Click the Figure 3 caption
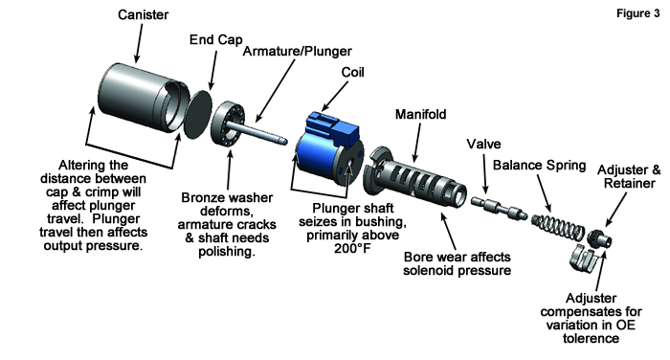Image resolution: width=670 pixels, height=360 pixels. [638, 13]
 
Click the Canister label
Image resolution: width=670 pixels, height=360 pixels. [144, 14]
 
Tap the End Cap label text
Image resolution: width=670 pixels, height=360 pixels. [215, 40]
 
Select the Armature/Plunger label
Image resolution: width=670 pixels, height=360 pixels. [298, 52]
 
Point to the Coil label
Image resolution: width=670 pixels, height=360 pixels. [352, 72]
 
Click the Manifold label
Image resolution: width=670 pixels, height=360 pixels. [420, 114]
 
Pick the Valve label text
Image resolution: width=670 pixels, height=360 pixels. [483, 144]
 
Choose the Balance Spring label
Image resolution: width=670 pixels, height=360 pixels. [539, 165]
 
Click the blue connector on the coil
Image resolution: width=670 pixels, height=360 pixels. [334, 127]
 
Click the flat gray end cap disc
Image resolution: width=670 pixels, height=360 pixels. [197, 114]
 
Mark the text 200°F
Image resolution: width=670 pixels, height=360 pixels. [352, 248]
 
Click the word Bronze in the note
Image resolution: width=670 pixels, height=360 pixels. [204, 197]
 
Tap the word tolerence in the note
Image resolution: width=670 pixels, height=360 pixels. [591, 338]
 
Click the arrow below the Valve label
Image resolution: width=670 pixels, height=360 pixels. [485, 174]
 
